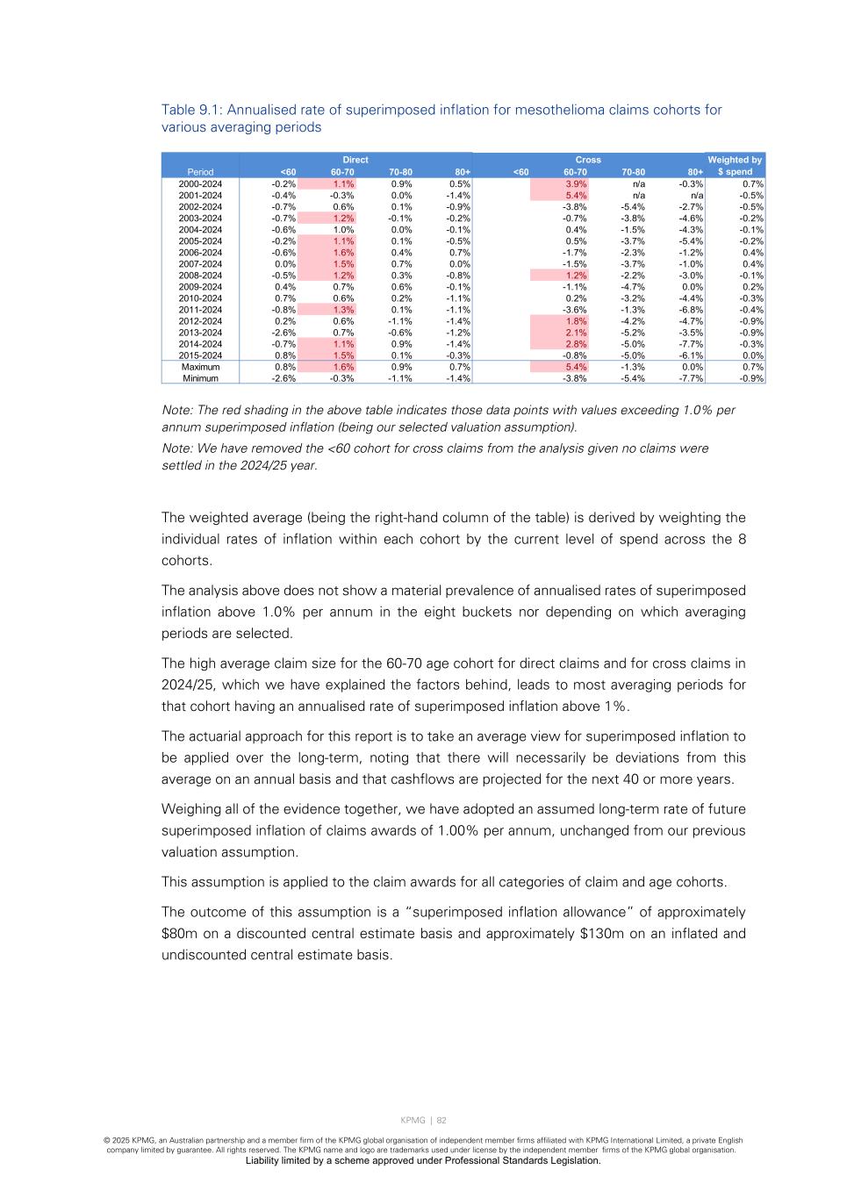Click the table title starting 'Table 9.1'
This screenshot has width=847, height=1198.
click(x=441, y=118)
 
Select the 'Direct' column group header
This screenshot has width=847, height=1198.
click(x=355, y=160)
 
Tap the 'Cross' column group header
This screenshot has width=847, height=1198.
click(x=588, y=160)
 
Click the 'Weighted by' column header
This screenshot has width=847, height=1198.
click(x=735, y=160)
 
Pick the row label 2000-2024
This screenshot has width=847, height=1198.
click(x=200, y=184)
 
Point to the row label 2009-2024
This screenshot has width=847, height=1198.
click(x=200, y=287)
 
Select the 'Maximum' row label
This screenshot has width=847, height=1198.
click(x=200, y=367)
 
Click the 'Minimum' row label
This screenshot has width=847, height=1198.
click(x=200, y=378)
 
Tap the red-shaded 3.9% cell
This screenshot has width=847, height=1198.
click(x=576, y=184)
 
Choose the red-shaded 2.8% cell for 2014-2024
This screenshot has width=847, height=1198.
click(x=576, y=344)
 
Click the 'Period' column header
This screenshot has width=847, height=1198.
click(x=200, y=172)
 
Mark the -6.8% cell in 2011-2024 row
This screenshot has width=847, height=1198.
click(x=691, y=310)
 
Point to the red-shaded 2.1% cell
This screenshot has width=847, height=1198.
click(x=576, y=333)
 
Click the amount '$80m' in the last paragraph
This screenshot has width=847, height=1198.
click(x=178, y=933)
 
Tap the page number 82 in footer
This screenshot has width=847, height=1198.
click(x=441, y=1120)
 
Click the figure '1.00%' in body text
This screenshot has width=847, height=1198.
click(x=456, y=830)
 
